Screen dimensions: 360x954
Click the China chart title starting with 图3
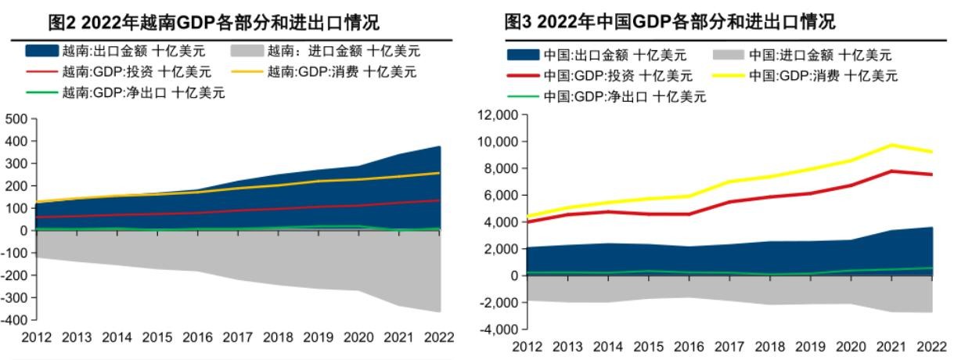tap(670, 21)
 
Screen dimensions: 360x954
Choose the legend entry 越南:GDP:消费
tap(341, 72)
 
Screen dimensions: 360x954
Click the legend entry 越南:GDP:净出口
tap(142, 92)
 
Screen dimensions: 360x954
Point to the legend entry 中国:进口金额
tap(819, 55)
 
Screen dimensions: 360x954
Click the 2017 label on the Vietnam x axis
tap(237, 338)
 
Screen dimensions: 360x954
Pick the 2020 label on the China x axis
tap(851, 346)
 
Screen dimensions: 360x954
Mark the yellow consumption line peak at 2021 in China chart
tap(891, 145)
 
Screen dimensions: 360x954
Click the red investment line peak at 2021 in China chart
tap(891, 171)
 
